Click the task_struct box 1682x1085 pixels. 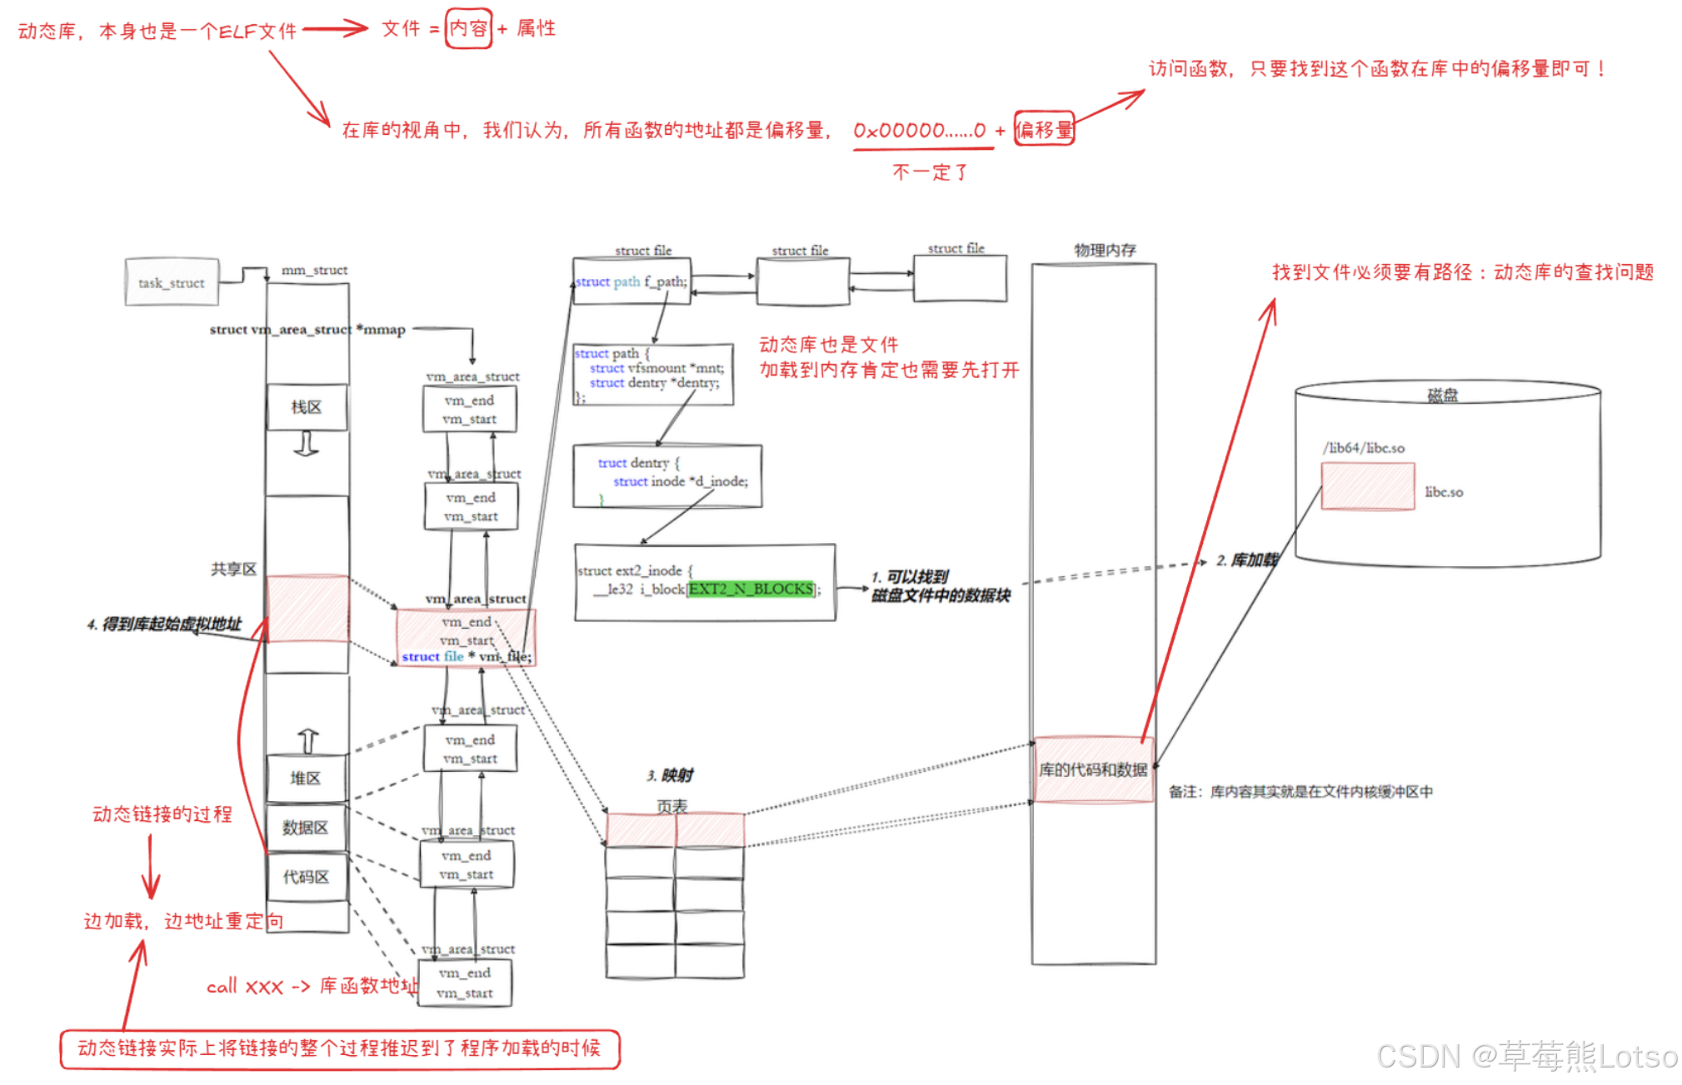(172, 282)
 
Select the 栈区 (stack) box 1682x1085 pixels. (307, 407)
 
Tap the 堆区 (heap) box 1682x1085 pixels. (305, 778)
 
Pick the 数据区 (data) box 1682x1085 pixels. (305, 828)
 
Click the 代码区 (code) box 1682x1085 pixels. (306, 877)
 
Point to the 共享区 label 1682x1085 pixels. (233, 569)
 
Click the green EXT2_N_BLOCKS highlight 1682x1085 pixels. (751, 589)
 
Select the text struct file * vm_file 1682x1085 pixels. (466, 656)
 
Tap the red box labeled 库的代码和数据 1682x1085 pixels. (1093, 769)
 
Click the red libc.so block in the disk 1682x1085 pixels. (1367, 486)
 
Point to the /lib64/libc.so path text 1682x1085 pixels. (1364, 448)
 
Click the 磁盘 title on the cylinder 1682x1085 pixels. (1442, 395)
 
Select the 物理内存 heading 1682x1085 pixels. (1105, 250)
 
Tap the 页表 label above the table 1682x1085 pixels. (672, 805)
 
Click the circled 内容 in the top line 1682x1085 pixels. (468, 29)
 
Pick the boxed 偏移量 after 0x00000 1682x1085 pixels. (1044, 130)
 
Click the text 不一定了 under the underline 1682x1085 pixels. (929, 172)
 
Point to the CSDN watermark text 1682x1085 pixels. (1526, 1056)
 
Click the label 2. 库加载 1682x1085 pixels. (1246, 560)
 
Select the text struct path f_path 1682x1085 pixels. (631, 281)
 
